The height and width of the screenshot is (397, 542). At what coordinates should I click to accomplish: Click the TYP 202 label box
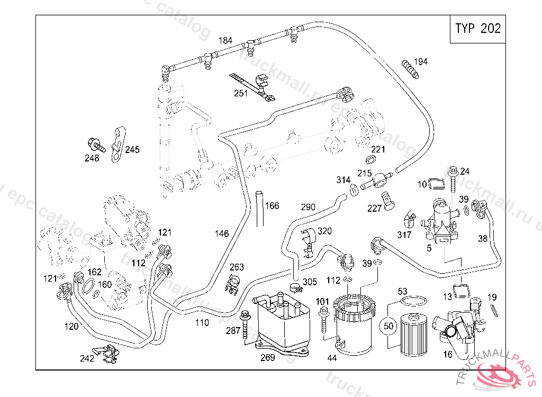tap(477, 29)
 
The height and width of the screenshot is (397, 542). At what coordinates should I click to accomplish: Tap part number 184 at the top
tap(225, 41)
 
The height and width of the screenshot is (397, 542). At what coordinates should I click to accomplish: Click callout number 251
tap(241, 94)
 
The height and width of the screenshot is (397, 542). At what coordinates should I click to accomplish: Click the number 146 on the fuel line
tap(222, 233)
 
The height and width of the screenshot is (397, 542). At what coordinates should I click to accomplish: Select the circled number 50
tap(389, 326)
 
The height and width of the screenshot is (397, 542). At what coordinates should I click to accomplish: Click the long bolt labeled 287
tap(245, 324)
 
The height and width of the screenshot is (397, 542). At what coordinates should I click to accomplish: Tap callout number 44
tap(332, 358)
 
